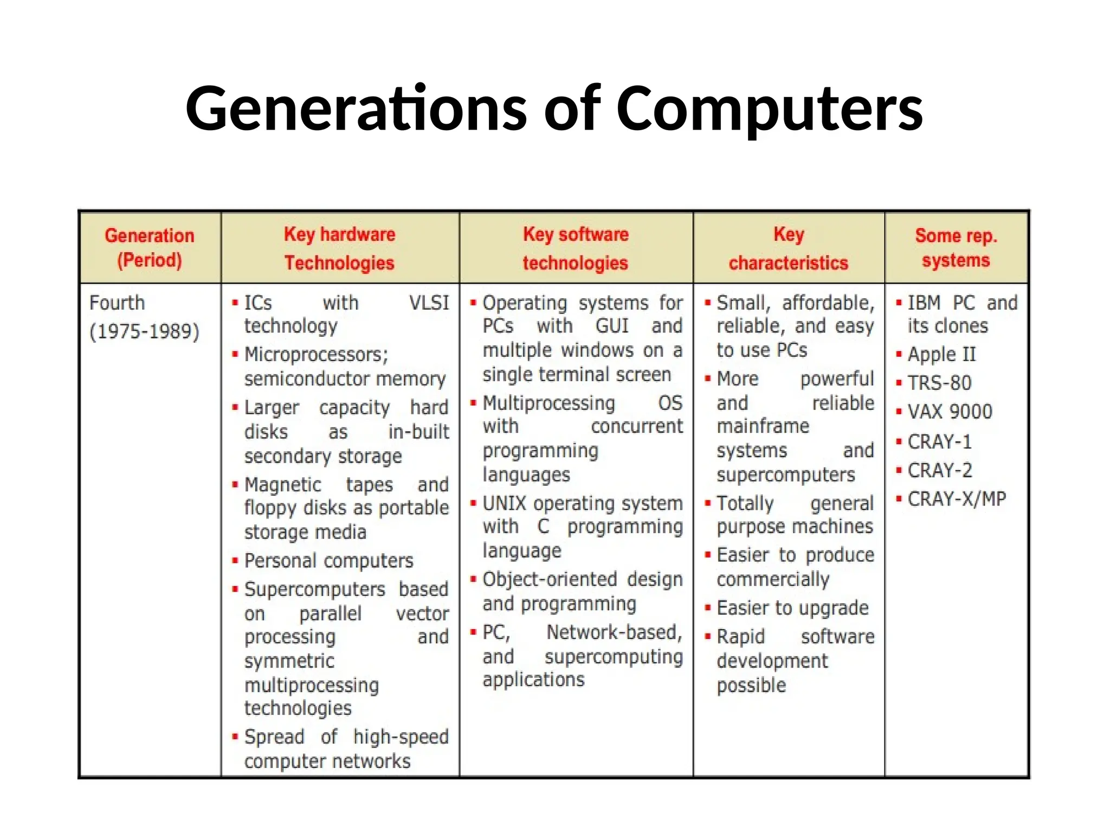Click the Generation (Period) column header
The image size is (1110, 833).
pos(150,248)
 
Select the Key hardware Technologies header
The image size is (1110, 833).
pos(340,248)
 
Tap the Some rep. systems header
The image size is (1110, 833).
pos(956,248)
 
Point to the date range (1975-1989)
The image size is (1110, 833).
pos(145,331)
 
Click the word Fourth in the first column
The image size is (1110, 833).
pos(117,303)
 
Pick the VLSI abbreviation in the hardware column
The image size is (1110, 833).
pos(429,303)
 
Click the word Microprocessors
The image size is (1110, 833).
pos(316,355)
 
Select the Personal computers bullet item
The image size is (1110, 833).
pos(328,561)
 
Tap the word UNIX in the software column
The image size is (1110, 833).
pos(504,504)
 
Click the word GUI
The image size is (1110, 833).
pos(611,326)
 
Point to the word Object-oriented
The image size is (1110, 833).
pos(550,579)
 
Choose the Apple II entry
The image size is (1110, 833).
pos(941,355)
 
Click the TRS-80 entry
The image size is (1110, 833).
pos(939,383)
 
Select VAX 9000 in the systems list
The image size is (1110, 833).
pos(950,412)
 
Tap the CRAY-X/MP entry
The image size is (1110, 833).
pos(957,499)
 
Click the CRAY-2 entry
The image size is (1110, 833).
pos(940,470)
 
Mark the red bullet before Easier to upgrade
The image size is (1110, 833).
pos(708,607)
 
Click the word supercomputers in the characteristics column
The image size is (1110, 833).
pos(785,475)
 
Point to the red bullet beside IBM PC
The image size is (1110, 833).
pos(899,303)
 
